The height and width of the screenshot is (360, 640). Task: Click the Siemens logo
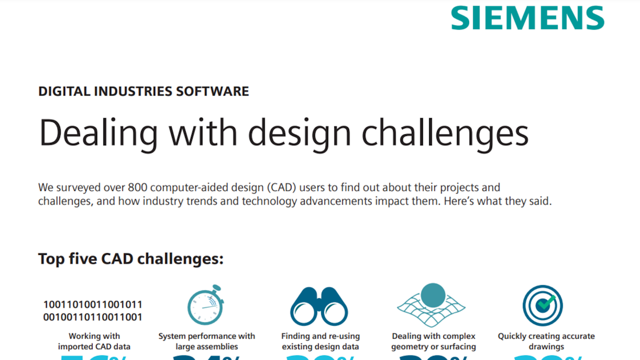coord(527,18)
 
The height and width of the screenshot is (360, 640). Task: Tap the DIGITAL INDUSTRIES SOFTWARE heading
coord(143,91)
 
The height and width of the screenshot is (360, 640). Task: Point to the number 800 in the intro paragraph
coord(139,187)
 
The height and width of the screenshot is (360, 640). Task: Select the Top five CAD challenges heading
coord(131,259)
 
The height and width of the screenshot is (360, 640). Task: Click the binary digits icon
coord(93,311)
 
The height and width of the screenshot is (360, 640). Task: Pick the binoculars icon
coord(319,307)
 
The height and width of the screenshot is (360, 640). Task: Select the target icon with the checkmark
coord(542,306)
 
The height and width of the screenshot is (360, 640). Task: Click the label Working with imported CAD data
coord(94,341)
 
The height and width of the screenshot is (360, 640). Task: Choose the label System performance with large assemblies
coord(207,341)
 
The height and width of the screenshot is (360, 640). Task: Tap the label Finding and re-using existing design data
coord(320,341)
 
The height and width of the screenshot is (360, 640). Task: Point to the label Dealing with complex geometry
coord(433,341)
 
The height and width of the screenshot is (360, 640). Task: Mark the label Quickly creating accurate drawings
coord(546,341)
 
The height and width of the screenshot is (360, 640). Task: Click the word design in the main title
coord(303,132)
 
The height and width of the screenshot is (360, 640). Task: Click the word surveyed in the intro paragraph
coord(76,187)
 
